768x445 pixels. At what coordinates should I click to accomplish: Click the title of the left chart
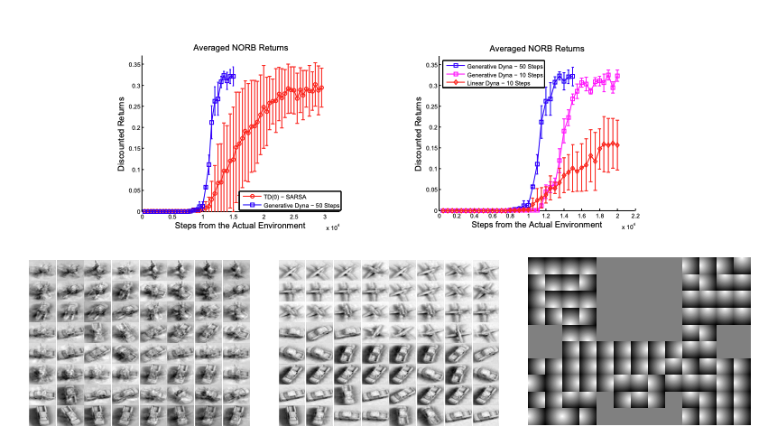point(233,48)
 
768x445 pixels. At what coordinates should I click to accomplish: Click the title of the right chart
point(536,48)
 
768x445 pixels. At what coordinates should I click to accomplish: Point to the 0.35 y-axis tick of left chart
point(133,65)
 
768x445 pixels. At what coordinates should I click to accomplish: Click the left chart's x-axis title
point(233,225)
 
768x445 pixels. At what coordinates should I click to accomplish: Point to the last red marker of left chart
point(321,88)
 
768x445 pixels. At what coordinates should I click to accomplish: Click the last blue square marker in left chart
point(233,77)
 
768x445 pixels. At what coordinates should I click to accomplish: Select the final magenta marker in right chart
point(617,76)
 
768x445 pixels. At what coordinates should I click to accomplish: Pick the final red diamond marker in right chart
point(617,144)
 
